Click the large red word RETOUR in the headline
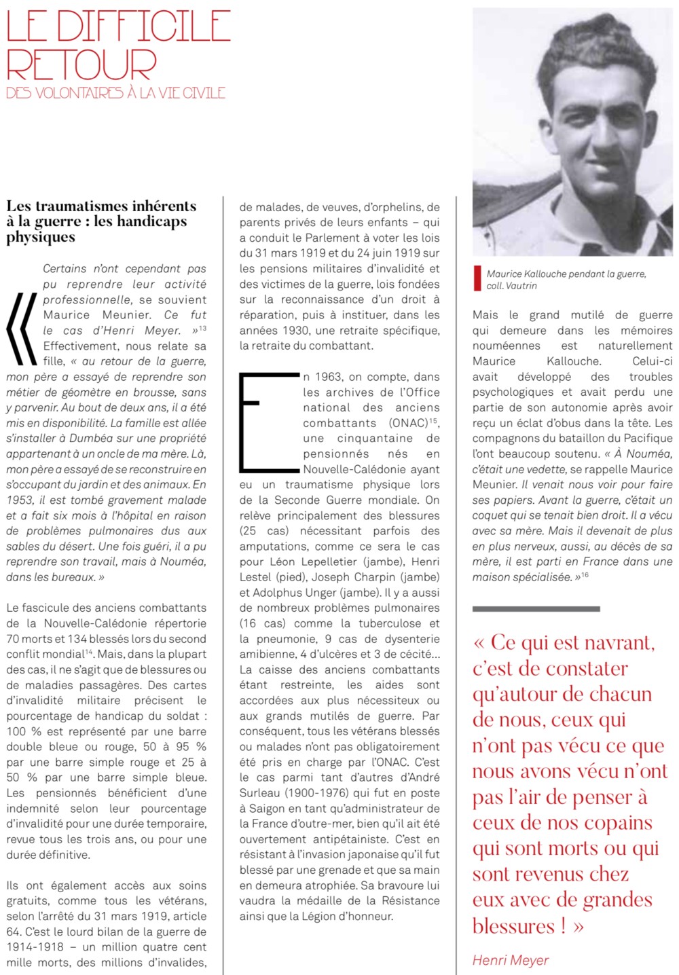(81, 65)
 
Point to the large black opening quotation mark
(22, 329)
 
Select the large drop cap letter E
(268, 422)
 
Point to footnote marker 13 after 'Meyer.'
(202, 329)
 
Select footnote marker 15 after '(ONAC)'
(434, 421)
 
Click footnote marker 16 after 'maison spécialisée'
(585, 575)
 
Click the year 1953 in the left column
(20, 500)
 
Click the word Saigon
(261, 809)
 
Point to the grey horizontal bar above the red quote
(536, 609)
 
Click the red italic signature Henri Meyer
(510, 960)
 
